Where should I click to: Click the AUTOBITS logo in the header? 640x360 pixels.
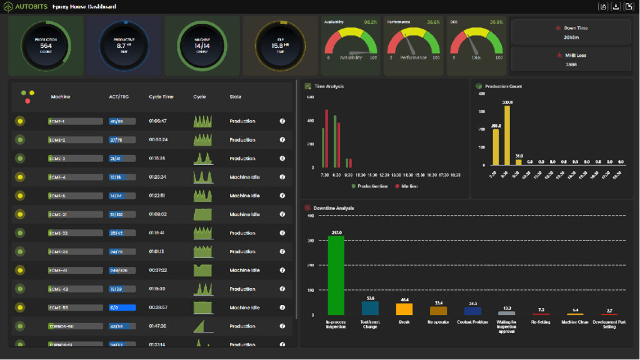(x=25, y=7)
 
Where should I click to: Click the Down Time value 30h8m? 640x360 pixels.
(x=571, y=37)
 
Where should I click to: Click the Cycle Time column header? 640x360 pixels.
(x=161, y=97)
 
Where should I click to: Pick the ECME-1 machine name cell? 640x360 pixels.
(x=75, y=121)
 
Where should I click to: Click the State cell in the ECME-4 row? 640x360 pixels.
(x=244, y=177)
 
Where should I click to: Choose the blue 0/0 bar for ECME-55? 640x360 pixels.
(x=122, y=307)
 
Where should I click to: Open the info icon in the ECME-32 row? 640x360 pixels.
(x=282, y=233)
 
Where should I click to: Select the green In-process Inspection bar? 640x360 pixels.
(x=336, y=275)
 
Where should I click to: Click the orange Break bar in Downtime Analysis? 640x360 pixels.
(x=404, y=309)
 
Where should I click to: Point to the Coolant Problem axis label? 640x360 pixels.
(x=472, y=322)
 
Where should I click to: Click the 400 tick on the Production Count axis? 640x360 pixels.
(x=481, y=94)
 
